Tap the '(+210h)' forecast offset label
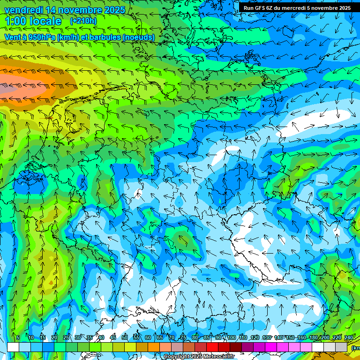tap(83, 21)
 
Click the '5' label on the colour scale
tap(17, 338)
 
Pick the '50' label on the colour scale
tap(125, 338)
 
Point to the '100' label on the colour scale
tap(232, 338)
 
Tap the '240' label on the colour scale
tap(349, 338)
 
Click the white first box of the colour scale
tap(13, 347)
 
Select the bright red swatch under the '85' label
tap(212, 347)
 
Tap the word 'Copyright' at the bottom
tap(177, 357)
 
